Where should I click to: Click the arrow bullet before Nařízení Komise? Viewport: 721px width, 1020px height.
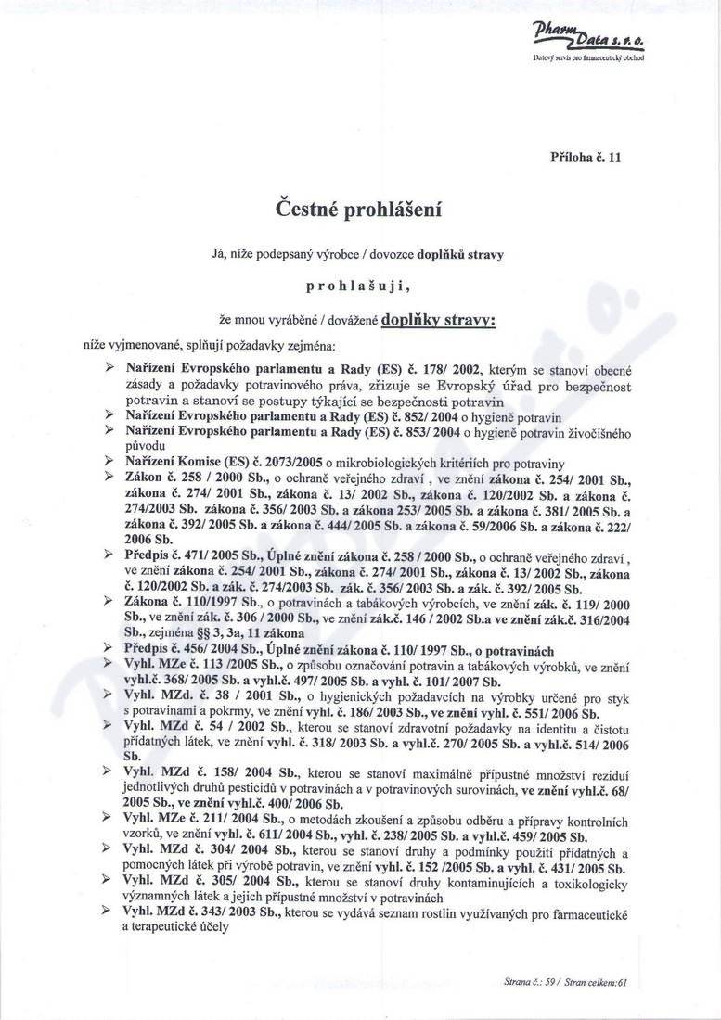pos(112,462)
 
